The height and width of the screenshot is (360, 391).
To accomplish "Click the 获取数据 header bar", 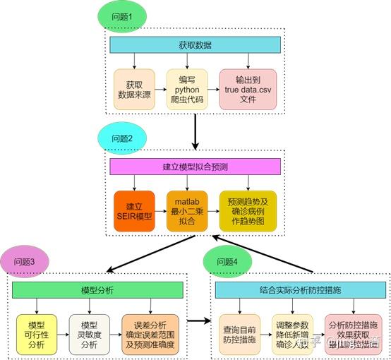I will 195,45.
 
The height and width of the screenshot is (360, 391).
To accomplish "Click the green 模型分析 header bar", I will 97,291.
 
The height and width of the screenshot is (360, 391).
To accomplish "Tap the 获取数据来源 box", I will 134,89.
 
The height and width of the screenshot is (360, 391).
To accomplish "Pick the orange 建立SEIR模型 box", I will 134,210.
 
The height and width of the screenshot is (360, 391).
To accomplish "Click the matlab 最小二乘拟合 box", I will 186,210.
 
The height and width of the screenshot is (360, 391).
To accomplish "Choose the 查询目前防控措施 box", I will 239,334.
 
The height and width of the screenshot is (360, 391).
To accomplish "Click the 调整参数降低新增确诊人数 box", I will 291,334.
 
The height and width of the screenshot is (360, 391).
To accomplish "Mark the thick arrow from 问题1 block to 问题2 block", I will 195,131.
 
